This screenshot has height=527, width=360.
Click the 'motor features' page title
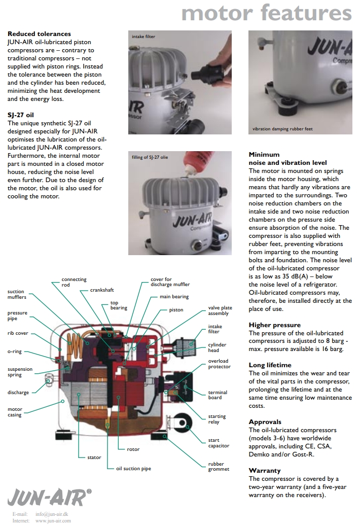(266, 13)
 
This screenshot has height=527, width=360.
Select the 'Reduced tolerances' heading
(39, 34)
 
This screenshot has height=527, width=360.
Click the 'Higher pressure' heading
(274, 325)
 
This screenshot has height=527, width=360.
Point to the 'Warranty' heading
(265, 470)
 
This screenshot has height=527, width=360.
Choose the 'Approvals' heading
(265, 421)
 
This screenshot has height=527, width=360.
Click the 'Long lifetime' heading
(270, 365)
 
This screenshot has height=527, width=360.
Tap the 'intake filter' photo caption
(143, 37)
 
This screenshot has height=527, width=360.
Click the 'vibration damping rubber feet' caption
(282, 129)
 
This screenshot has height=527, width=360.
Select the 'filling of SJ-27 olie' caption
(150, 157)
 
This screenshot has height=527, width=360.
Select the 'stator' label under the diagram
(94, 458)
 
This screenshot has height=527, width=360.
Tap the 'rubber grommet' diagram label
(219, 467)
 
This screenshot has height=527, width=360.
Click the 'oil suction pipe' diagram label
(133, 469)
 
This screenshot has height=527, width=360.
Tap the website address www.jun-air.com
(53, 520)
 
